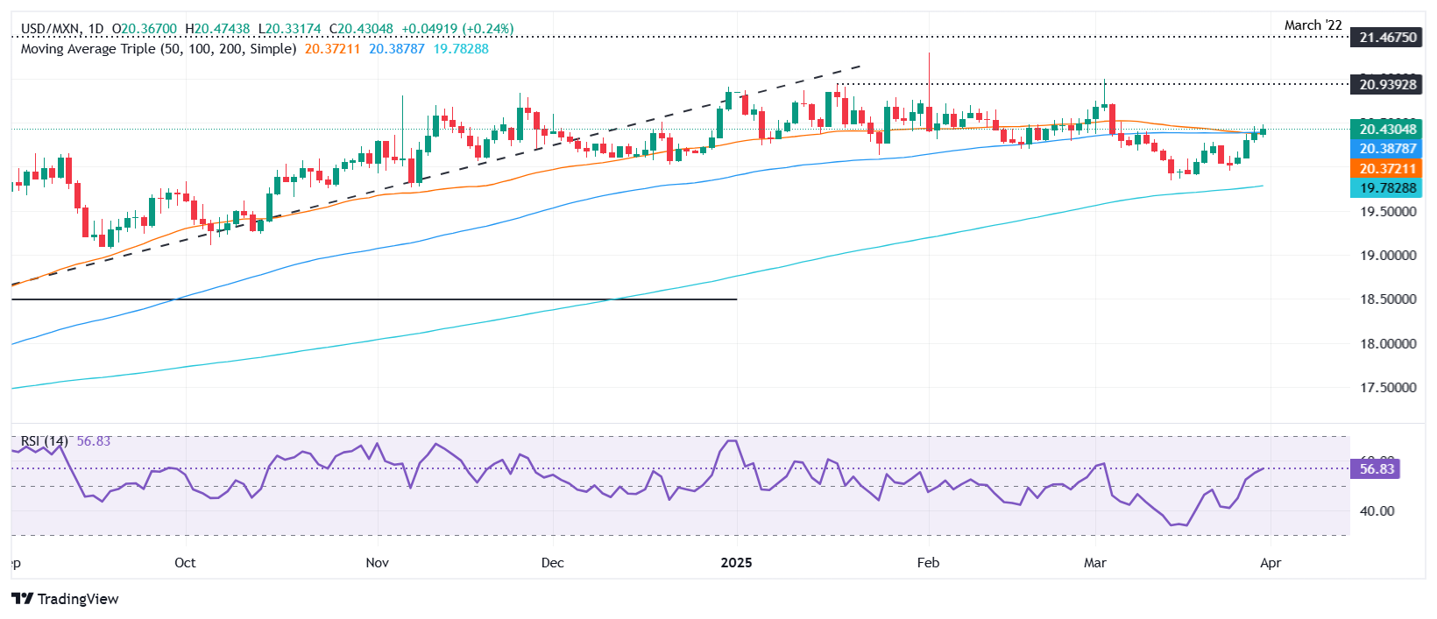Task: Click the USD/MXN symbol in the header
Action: tap(50, 29)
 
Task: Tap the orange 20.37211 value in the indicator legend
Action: tap(332, 49)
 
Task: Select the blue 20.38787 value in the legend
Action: tap(396, 49)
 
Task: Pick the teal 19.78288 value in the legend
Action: tap(461, 49)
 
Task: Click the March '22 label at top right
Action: tap(1313, 25)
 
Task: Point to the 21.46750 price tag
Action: tap(1388, 38)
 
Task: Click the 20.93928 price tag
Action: tap(1388, 85)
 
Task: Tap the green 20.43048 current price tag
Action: tap(1388, 130)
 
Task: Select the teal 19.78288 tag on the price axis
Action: tap(1388, 188)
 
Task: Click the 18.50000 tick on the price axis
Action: tap(1388, 299)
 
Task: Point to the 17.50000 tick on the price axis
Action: tap(1388, 388)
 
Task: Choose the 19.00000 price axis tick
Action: tap(1388, 256)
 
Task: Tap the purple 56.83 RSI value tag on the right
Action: tap(1377, 469)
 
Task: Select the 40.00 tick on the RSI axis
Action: tap(1377, 511)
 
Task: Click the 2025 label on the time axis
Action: tap(736, 563)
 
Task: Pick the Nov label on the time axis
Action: tap(377, 563)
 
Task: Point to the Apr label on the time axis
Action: tap(1271, 563)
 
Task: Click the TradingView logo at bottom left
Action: tap(66, 599)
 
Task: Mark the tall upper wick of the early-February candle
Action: tap(929, 70)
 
